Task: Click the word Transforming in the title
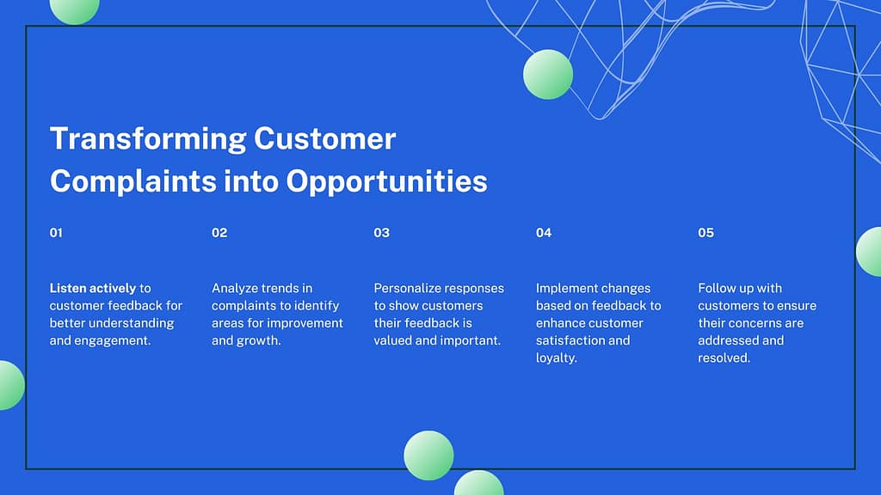click(x=148, y=139)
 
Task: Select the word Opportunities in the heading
click(x=386, y=182)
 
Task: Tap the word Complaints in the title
click(x=133, y=182)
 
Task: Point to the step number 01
click(x=56, y=233)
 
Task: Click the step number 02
click(x=219, y=233)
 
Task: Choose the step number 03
click(x=381, y=233)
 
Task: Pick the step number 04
click(x=544, y=233)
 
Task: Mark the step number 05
click(x=705, y=233)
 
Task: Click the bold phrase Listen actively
click(x=93, y=289)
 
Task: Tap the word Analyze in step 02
click(x=234, y=289)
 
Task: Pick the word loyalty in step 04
click(x=555, y=358)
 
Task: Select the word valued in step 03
click(x=392, y=340)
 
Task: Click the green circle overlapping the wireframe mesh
click(x=548, y=75)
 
